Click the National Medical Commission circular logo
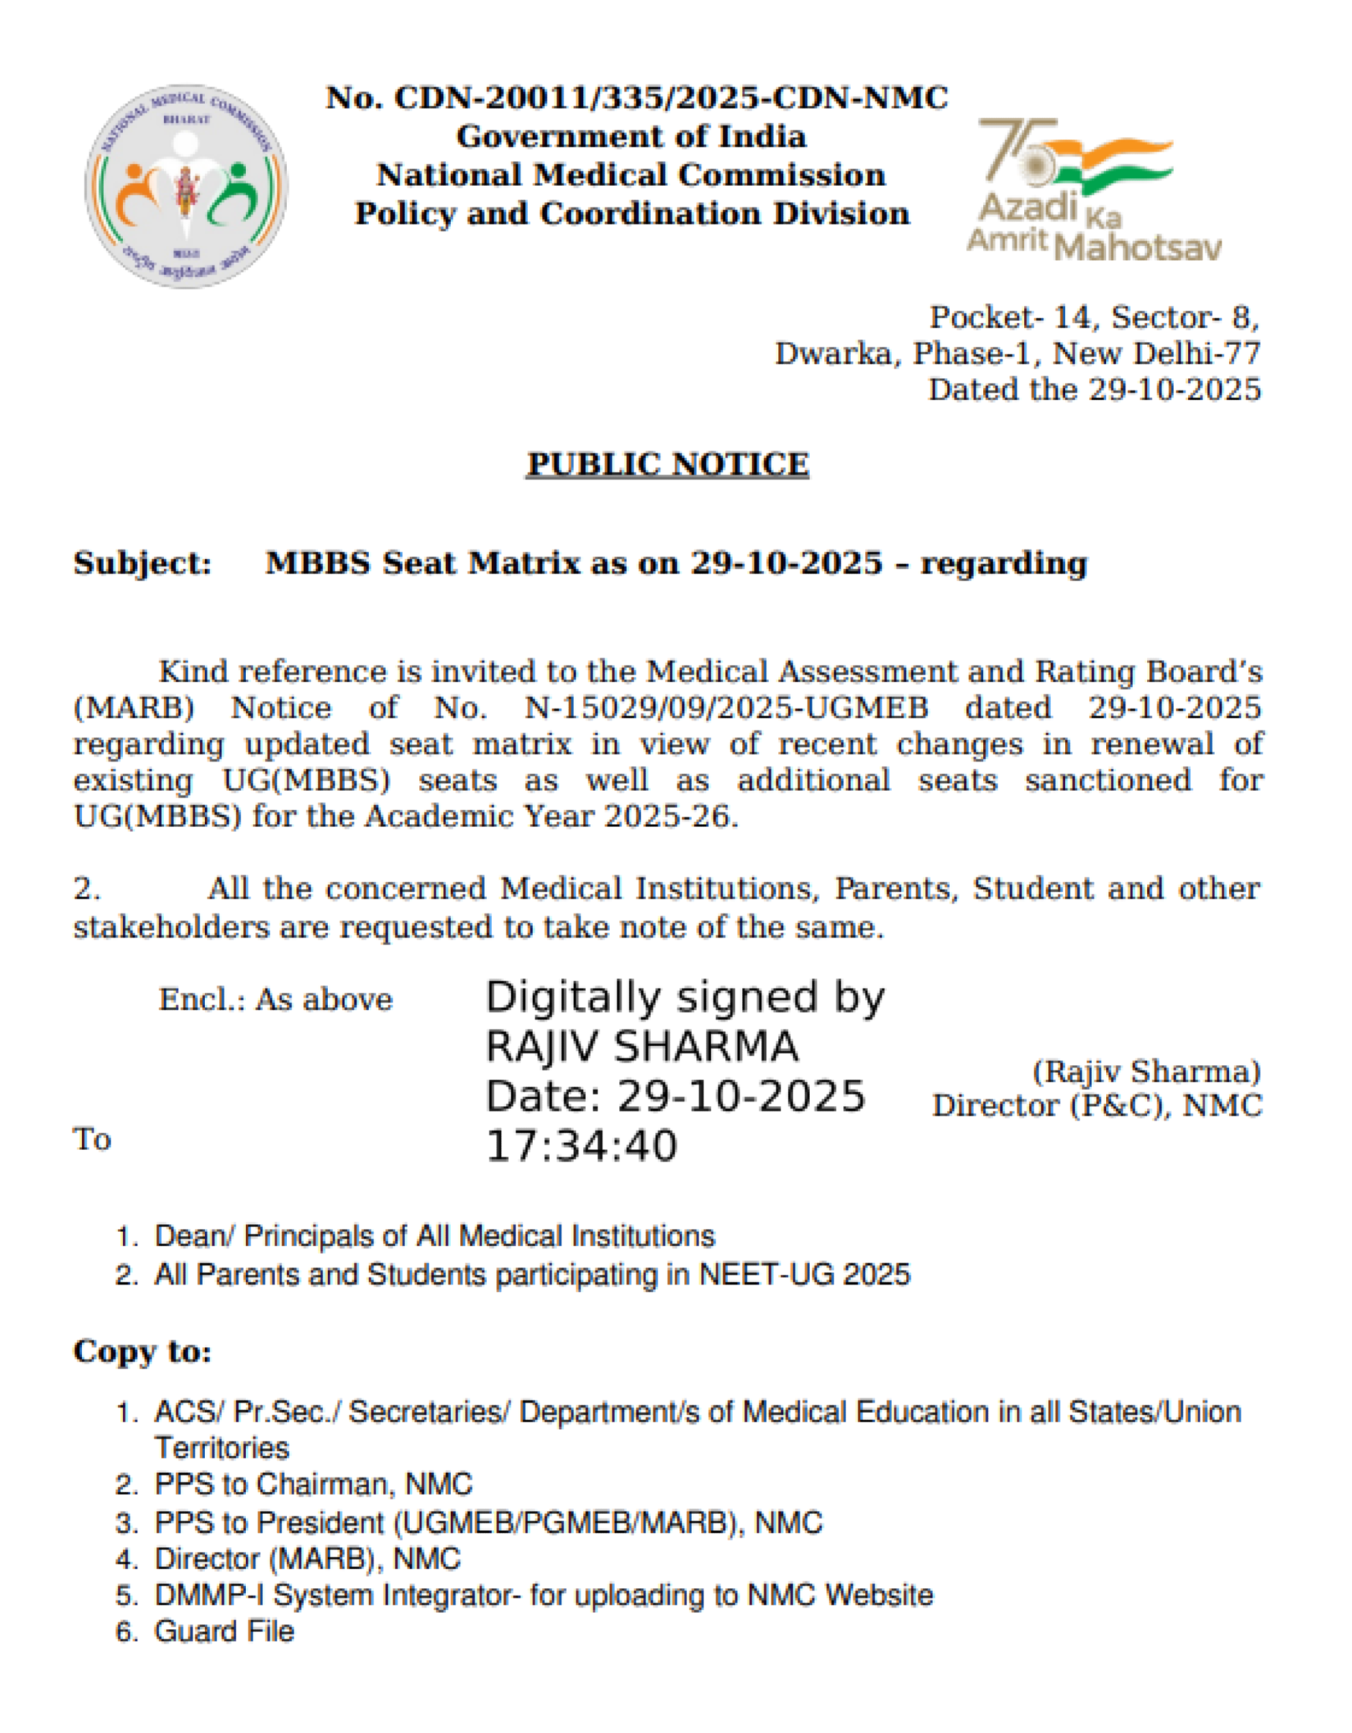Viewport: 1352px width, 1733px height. point(186,186)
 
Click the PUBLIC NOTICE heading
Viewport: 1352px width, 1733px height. point(668,464)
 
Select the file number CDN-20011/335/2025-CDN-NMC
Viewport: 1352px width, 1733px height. point(671,98)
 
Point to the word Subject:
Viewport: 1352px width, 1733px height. point(143,563)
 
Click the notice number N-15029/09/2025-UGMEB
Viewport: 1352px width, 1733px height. point(726,708)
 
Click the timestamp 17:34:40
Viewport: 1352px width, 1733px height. point(582,1146)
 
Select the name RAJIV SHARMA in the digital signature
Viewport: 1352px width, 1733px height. point(642,1047)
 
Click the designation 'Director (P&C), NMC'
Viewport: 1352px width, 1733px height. point(1097,1106)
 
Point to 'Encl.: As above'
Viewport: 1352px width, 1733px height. point(275,1000)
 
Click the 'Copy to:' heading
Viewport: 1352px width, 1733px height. point(143,1351)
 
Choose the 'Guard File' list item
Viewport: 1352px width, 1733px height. point(224,1631)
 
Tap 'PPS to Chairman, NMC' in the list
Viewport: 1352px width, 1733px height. point(313,1484)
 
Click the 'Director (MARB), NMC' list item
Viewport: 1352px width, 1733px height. point(307,1560)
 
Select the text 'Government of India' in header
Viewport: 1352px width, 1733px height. point(632,137)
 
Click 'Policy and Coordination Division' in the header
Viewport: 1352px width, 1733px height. point(632,214)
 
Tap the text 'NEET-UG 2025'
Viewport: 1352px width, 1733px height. point(804,1274)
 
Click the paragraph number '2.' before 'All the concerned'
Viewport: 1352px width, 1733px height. point(87,889)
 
